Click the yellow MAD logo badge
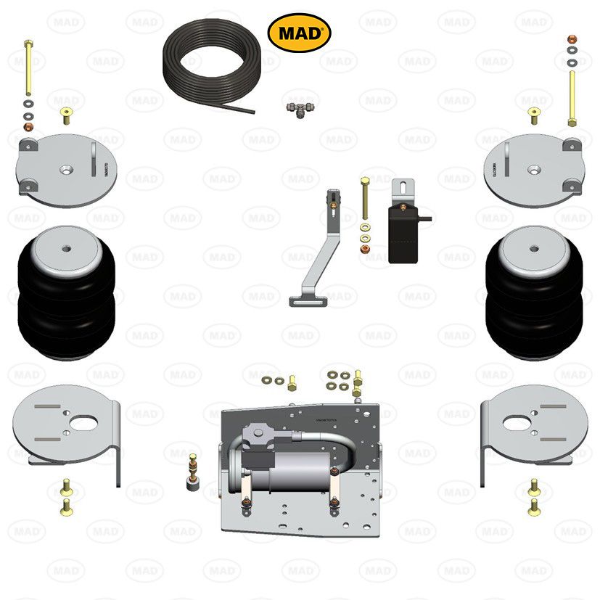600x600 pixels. tap(300, 33)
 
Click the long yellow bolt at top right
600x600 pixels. tap(572, 98)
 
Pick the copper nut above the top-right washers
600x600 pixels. tap(572, 38)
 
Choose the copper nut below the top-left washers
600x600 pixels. tap(28, 128)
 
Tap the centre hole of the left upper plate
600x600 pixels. tap(66, 170)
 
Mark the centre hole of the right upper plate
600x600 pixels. tap(534, 170)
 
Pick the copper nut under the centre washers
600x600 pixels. tap(363, 250)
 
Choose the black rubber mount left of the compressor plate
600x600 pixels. tap(192, 483)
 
